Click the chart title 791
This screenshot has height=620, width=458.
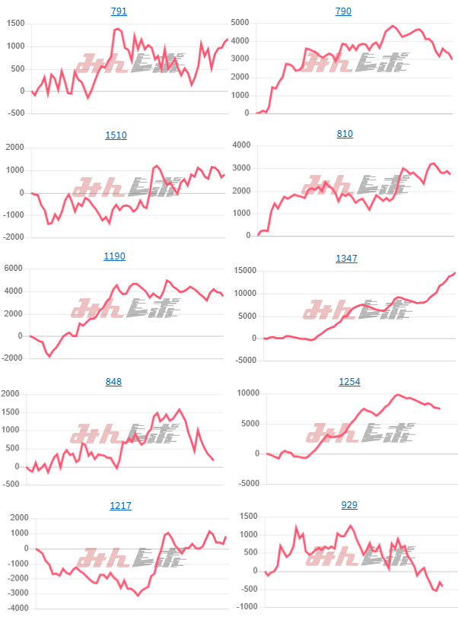tap(119, 11)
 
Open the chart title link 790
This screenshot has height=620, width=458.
tap(344, 11)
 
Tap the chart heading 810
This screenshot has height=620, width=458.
tap(344, 134)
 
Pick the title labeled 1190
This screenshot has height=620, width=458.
tap(115, 256)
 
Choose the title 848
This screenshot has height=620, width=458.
tap(115, 382)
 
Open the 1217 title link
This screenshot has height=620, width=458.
tap(120, 505)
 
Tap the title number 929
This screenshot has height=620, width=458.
tap(349, 505)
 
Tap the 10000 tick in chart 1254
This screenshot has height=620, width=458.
tap(243, 393)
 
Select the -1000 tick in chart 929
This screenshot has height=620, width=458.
tap(243, 607)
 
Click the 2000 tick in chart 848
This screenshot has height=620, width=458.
tap(12, 393)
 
